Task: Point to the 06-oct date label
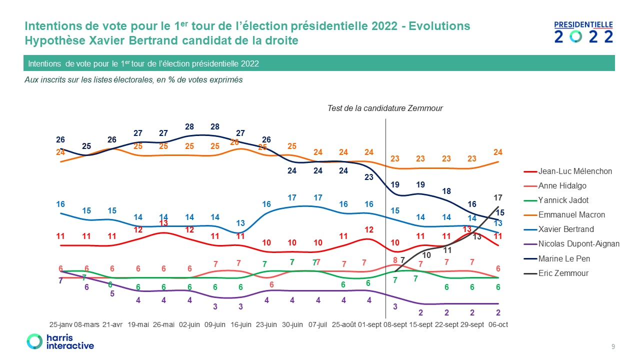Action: (x=498, y=324)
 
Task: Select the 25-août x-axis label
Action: (x=343, y=324)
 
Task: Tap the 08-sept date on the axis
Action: (x=395, y=324)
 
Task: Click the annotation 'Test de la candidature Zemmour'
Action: (x=385, y=108)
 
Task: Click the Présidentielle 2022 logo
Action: (x=583, y=32)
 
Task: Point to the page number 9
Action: (x=613, y=346)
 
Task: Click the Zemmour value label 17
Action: (x=498, y=197)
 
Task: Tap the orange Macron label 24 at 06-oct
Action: (x=498, y=152)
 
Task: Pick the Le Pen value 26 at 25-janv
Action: (x=60, y=139)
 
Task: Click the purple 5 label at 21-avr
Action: (x=112, y=293)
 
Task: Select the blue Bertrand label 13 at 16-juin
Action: (x=240, y=223)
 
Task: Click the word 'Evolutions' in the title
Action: (x=439, y=26)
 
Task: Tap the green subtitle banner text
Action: (x=143, y=63)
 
